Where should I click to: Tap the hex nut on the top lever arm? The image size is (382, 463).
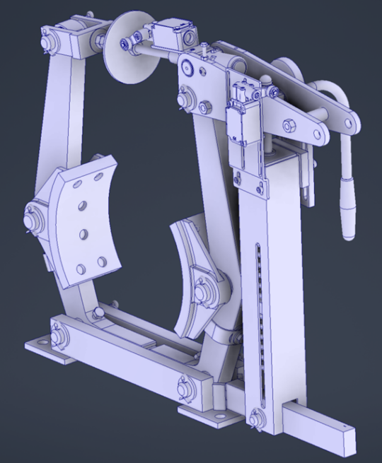pos(289,127)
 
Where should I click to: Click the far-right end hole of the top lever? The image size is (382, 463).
pos(349,124)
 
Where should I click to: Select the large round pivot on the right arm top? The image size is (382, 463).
pos(187,68)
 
